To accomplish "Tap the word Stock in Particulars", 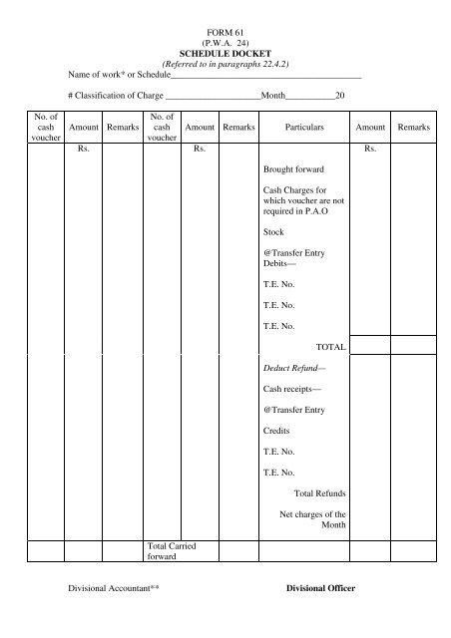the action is point(273,231).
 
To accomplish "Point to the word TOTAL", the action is point(330,347).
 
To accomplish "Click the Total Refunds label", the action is point(320,492).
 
